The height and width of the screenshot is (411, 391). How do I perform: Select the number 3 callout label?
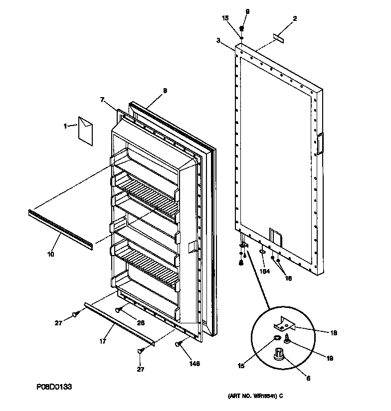coord(218,40)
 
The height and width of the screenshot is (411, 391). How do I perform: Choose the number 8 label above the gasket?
coord(165,91)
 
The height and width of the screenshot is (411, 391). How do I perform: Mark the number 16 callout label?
coord(288,279)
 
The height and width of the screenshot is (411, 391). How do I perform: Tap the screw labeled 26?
coord(119,309)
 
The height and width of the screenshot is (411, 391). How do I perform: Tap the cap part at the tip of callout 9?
coord(241,28)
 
